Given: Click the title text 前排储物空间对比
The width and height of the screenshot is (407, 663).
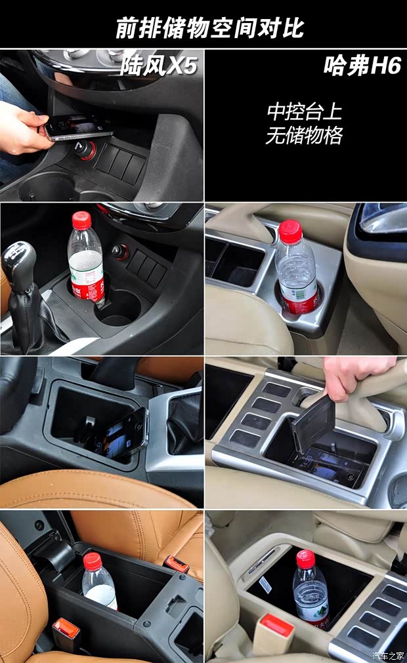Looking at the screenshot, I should [209, 28].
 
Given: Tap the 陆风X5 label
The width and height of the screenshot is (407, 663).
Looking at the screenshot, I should [158, 66].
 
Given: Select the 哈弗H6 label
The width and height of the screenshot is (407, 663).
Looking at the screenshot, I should [362, 66].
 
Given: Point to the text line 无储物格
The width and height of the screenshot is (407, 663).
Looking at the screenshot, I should [304, 136].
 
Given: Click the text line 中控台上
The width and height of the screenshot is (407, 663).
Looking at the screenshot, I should [304, 111].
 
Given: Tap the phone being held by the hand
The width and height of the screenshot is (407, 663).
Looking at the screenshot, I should [77, 127].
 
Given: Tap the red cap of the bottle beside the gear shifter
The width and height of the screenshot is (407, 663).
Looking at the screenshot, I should [81, 221].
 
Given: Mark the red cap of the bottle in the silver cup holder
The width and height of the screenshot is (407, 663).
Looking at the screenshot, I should [289, 231].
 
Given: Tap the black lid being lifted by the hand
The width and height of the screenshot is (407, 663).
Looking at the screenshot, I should [312, 422].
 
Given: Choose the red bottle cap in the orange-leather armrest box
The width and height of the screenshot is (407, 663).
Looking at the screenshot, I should [93, 561].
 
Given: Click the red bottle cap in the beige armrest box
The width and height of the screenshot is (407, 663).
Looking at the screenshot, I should [305, 559].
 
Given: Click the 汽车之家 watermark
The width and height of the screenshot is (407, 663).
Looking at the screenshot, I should [389, 655].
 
